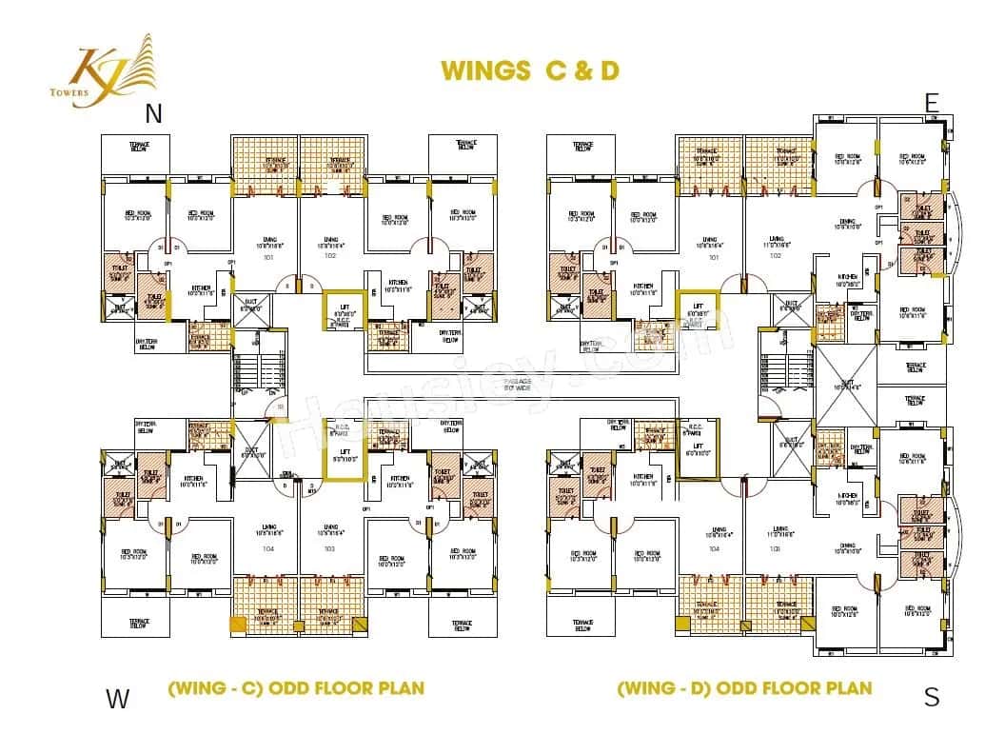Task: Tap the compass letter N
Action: pyautogui.click(x=153, y=114)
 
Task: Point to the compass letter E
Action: pyautogui.click(x=932, y=104)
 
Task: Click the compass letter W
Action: pyautogui.click(x=117, y=699)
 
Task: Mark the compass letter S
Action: pyautogui.click(x=932, y=697)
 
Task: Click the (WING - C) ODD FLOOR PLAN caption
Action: pyautogui.click(x=296, y=687)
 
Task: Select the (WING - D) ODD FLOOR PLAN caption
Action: pyautogui.click(x=744, y=687)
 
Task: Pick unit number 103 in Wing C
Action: pyautogui.click(x=329, y=549)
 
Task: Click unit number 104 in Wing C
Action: pyautogui.click(x=267, y=549)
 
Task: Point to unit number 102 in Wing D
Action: pyautogui.click(x=776, y=255)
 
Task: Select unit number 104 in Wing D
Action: pyautogui.click(x=714, y=548)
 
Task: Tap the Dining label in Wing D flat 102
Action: pyautogui.click(x=840, y=226)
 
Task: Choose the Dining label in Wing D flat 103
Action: pyautogui.click(x=840, y=547)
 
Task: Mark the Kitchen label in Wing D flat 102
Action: pyautogui.click(x=821, y=277)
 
